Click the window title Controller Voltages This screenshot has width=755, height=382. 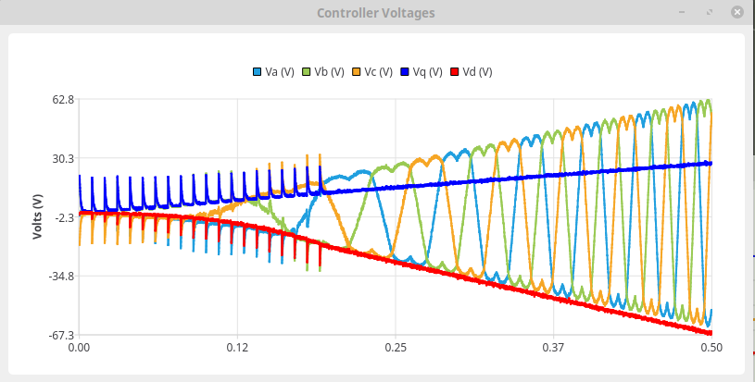click(375, 13)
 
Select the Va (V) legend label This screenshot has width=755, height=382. click(280, 72)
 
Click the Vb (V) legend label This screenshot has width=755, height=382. click(330, 72)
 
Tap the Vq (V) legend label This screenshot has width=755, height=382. click(430, 72)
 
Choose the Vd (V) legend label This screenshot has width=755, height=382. click(477, 72)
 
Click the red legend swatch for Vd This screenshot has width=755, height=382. click(454, 72)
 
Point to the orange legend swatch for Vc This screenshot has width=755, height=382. click(358, 72)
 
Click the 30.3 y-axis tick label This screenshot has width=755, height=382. click(62, 158)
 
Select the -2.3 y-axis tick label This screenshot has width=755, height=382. click(62, 217)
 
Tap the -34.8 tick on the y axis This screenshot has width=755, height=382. click(60, 277)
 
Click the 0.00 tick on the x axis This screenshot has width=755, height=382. click(80, 349)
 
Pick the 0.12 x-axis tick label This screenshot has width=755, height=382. click(237, 349)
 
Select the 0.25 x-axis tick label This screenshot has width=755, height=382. click(396, 349)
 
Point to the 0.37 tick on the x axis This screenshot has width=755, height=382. click(553, 349)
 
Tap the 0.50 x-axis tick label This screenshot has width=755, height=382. click(711, 349)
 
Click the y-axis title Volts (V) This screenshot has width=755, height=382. click(38, 217)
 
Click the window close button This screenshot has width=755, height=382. click(736, 13)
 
